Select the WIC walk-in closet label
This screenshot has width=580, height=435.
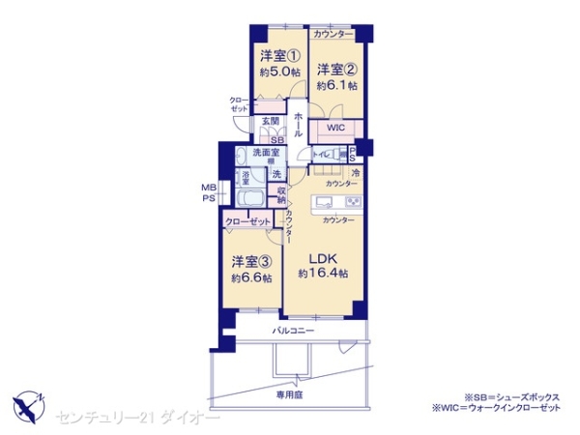(335, 128)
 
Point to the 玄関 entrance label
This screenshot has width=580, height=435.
(271, 122)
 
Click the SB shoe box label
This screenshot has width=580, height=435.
(276, 139)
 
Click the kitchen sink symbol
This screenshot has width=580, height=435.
(325, 202)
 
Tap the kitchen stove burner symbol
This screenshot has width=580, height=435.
(352, 202)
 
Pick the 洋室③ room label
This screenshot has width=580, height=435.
(250, 261)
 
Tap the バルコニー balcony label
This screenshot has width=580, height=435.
(291, 331)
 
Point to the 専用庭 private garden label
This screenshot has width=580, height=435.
(287, 394)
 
